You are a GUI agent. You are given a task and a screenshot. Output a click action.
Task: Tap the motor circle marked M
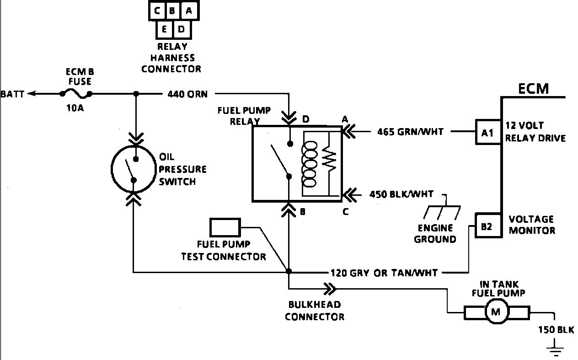[497, 313]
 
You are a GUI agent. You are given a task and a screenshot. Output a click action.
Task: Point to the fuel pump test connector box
[225, 227]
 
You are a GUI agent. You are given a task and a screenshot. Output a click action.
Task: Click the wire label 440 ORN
[187, 94]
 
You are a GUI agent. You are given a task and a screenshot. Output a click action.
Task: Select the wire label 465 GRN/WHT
[410, 132]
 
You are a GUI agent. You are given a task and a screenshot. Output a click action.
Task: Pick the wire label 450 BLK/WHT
[401, 194]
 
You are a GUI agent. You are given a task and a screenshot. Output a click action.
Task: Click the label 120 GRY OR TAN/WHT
[384, 273]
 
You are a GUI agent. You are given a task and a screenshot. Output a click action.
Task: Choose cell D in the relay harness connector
[181, 29]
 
